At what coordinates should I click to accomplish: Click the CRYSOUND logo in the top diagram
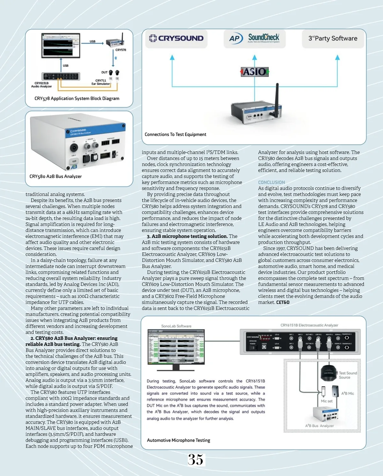coord(176,39)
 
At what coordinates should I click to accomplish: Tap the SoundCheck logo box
coord(254,39)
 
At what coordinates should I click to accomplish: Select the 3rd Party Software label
coord(333,39)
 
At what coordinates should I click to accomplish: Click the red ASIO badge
coord(255,72)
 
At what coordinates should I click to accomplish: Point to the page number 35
coord(195,459)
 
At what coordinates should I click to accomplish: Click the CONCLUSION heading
coord(271,182)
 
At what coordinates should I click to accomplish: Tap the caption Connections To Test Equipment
coord(175,134)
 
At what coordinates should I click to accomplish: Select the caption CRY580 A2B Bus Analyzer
coord(56,177)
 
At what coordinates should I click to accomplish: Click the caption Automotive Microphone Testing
coord(178,440)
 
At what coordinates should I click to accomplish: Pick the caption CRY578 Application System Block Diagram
coord(77,98)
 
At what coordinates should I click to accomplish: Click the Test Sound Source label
coord(348,375)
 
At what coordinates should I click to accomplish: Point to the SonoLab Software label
coord(176,326)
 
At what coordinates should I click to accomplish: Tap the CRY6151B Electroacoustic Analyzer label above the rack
coord(309,325)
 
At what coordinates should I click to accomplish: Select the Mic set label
coord(327,401)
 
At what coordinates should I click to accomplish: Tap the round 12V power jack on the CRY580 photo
coord(74,147)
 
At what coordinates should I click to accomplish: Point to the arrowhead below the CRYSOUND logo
coord(172,58)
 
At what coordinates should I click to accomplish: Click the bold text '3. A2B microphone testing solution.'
coord(187,236)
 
